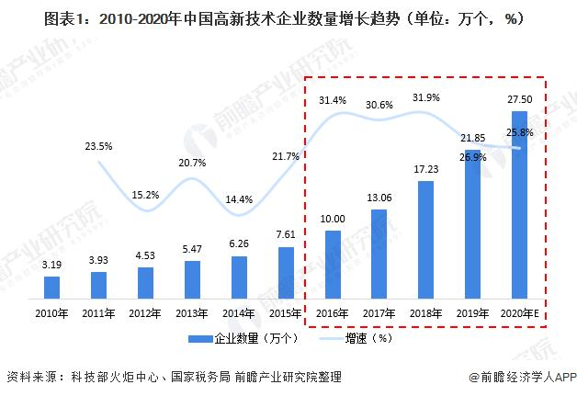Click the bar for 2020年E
click(519, 206)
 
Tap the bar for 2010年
click(51, 288)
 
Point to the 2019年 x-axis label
click(473, 313)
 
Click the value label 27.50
click(519, 99)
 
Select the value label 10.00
click(334, 219)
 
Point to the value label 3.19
click(51, 265)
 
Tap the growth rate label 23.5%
click(98, 145)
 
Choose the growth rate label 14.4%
click(239, 198)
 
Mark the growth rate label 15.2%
click(145, 194)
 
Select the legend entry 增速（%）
click(358, 339)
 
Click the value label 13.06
click(379, 197)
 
